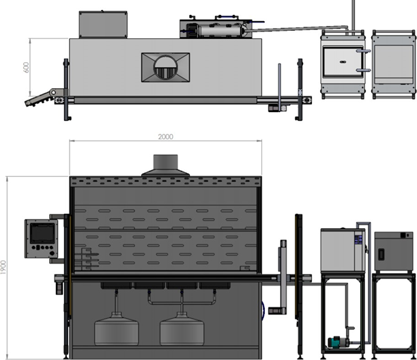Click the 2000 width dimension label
tap(165, 137)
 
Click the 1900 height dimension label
tap(3, 267)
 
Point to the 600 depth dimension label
tap(26, 68)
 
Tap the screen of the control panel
tap(42, 233)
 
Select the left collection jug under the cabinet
tap(117, 329)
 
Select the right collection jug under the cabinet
tap(182, 329)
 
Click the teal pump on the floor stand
tap(336, 342)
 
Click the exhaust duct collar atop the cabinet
tap(165, 161)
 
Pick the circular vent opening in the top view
tap(165, 68)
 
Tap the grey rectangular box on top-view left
tap(103, 25)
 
